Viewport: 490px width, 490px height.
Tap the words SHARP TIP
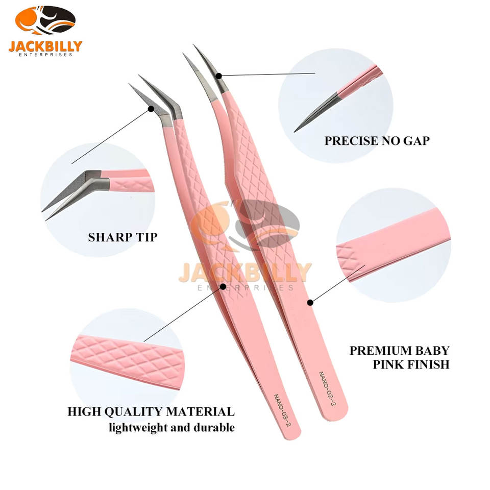point(122,237)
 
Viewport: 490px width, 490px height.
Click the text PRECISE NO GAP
point(377,141)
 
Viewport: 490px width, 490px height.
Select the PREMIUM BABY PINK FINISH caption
point(399,357)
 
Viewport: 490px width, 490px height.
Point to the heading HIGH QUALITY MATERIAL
point(151,411)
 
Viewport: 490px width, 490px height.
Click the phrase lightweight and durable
point(171,427)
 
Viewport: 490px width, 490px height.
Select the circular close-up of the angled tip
point(97,193)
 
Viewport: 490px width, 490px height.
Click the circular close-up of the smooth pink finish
point(393,245)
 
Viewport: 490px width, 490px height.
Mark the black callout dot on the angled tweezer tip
point(151,109)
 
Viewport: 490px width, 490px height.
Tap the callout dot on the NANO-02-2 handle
point(310,303)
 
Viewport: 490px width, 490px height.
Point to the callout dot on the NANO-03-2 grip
point(223,286)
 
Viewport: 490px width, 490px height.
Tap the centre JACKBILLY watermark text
point(245,272)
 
